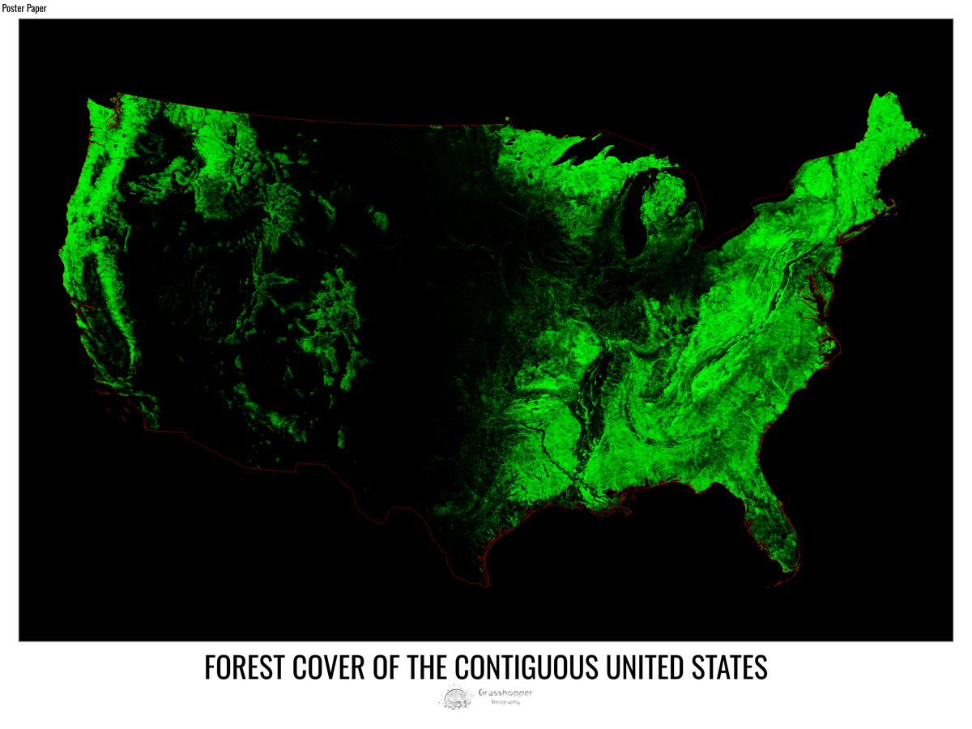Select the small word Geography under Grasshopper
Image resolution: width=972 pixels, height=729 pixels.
pyautogui.click(x=505, y=702)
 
